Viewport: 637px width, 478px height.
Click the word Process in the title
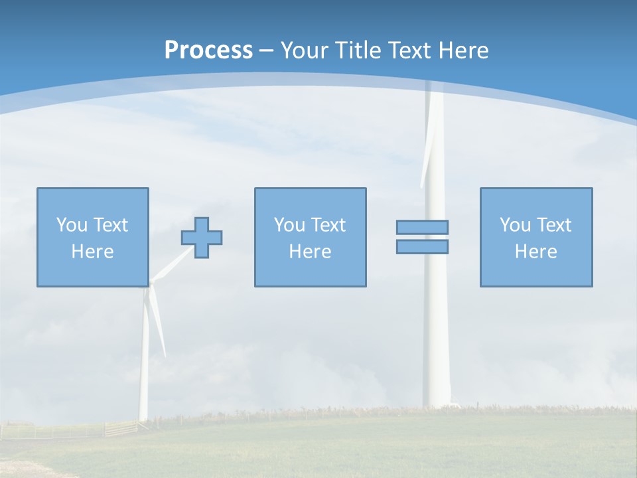coord(208,50)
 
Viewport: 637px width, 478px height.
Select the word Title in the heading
coord(358,50)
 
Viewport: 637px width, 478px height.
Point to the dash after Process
coord(267,50)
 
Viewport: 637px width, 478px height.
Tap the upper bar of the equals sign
coord(422,227)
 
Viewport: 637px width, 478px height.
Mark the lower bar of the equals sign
coord(422,246)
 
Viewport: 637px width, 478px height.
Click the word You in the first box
coord(72,224)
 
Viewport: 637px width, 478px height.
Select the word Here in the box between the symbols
coord(310,252)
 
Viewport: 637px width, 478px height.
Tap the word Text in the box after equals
coord(554,224)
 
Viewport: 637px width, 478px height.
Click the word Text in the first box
coord(111,224)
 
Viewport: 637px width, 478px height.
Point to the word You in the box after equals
coord(515,224)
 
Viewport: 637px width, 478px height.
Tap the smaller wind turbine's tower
coord(144,372)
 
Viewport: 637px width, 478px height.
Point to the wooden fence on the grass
coord(119,428)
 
